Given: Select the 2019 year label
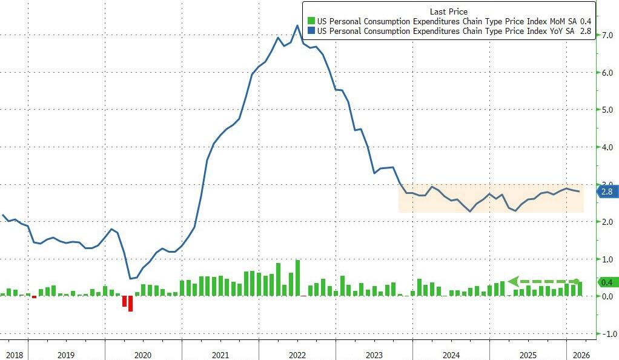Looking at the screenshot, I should pos(66,355).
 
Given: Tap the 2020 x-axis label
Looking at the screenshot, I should pos(143,355).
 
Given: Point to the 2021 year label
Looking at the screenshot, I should pos(220,355).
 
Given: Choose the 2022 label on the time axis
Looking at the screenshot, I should pos(297,355).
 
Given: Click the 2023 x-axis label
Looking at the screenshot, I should pos(374,355).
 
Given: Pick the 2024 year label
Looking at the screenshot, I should pos(451,355).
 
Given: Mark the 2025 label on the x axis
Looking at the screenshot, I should pos(528,355).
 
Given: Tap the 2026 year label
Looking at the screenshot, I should pos(580,355).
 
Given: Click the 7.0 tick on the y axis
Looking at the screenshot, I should pos(606,36).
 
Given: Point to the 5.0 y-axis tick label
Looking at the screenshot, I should pos(606,110).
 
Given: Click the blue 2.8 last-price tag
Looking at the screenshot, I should pos(607,192).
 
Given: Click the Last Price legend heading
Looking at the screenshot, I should pos(448,12).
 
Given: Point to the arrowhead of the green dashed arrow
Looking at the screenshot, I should pos(512,281).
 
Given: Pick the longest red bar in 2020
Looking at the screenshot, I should pos(130,303).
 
